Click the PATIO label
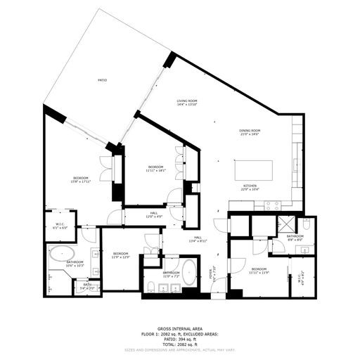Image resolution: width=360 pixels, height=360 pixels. (x=102, y=81)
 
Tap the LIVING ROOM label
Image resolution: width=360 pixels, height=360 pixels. (x=186, y=101)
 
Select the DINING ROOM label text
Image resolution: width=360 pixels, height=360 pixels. (x=250, y=130)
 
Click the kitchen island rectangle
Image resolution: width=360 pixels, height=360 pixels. (x=252, y=169)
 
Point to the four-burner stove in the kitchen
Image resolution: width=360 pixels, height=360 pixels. (x=272, y=205)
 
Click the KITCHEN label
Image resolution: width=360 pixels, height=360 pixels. (x=250, y=186)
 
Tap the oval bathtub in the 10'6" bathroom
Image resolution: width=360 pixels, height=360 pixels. (x=61, y=254)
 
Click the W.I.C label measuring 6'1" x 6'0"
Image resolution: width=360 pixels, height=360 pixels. (x=60, y=226)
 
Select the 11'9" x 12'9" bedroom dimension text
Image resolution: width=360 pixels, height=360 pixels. (x=120, y=256)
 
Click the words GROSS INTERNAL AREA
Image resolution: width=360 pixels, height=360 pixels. (x=179, y=328)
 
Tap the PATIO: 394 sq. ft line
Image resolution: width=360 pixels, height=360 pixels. (x=179, y=339)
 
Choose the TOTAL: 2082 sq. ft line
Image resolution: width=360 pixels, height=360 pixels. (x=179, y=345)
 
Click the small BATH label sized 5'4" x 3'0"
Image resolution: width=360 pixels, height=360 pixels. (x=87, y=285)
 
